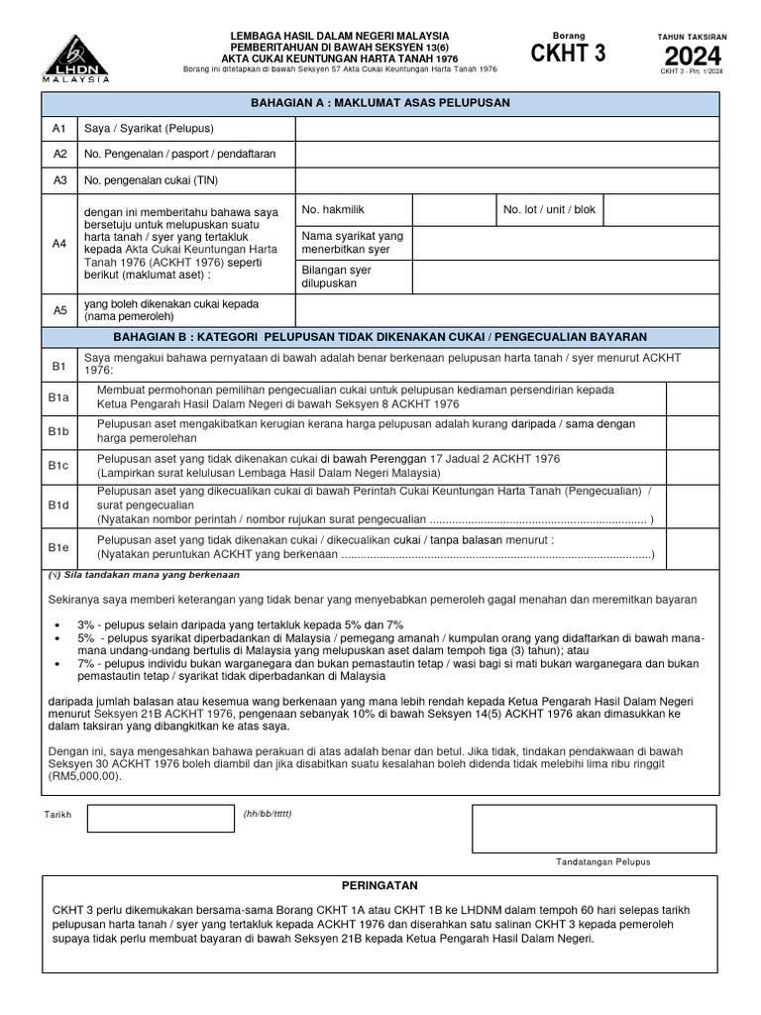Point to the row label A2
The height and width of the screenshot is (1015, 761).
(59, 155)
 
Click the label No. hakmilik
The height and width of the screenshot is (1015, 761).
(327, 210)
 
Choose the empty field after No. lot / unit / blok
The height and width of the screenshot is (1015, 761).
(660, 210)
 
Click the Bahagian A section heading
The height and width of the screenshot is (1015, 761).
(380, 103)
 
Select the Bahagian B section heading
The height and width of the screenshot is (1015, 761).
(380, 337)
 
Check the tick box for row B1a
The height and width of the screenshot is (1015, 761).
(693, 397)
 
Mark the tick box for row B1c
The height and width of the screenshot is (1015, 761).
(693, 466)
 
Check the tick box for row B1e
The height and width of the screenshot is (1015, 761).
(693, 547)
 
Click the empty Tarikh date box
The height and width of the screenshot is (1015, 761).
(160, 818)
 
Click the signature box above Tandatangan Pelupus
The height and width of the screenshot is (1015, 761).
(594, 829)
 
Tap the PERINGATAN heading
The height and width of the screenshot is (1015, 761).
(380, 885)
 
